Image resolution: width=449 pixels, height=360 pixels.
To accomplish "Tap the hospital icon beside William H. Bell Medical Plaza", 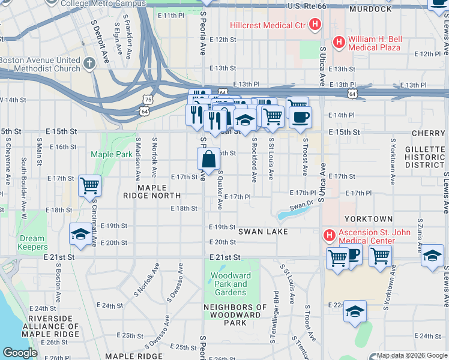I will (x=339, y=42).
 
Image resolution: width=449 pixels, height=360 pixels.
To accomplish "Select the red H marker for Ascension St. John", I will (x=328, y=234).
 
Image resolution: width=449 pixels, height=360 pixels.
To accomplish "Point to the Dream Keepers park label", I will (x=32, y=242).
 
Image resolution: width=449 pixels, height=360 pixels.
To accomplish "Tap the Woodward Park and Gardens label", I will (x=231, y=284).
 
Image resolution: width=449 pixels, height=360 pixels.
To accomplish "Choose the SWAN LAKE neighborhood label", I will (x=262, y=231).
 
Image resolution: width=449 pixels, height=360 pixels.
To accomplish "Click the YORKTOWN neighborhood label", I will (x=368, y=219).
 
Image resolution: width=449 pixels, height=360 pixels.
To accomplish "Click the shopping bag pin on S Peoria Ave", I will (x=208, y=159).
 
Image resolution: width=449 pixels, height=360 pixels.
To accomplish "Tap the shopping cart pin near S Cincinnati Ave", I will (x=89, y=185).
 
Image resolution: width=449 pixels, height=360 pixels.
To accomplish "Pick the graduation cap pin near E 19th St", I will (x=80, y=235).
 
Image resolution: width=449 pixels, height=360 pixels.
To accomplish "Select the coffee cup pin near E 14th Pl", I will (x=300, y=116).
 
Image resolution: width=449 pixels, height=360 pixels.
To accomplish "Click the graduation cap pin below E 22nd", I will (x=355, y=311).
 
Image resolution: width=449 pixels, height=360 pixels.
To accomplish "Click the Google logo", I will (x=20, y=353).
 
